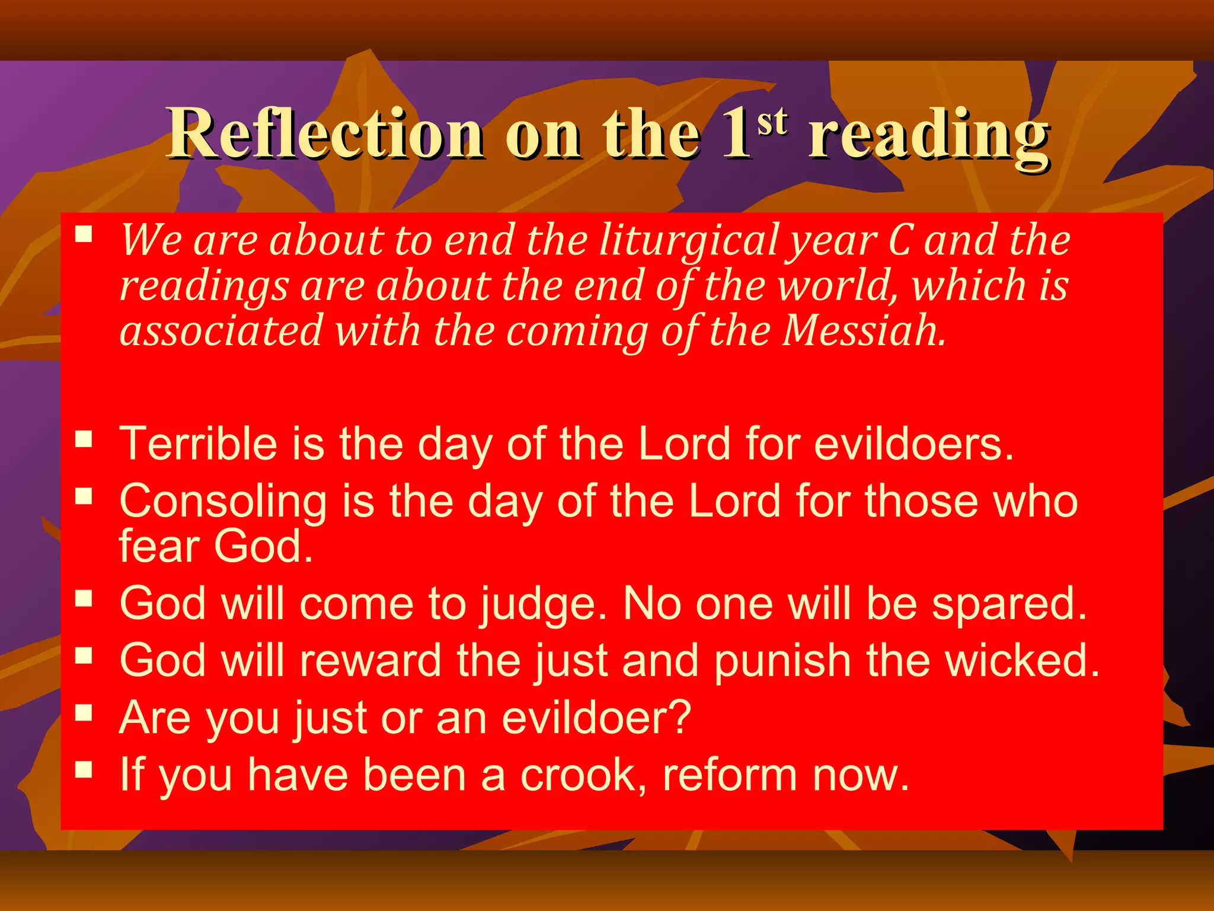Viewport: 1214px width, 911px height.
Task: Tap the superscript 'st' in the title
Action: (x=772, y=122)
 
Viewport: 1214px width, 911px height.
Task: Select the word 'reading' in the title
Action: (x=929, y=136)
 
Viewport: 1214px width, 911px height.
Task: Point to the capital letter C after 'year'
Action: (x=899, y=241)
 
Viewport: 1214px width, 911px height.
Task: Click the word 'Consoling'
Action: (x=223, y=502)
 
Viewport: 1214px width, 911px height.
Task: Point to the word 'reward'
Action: (x=370, y=660)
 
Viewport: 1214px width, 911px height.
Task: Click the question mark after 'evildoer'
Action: (x=681, y=716)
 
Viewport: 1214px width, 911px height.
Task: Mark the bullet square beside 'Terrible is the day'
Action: (x=84, y=439)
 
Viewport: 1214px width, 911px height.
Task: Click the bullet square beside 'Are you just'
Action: (x=84, y=712)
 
